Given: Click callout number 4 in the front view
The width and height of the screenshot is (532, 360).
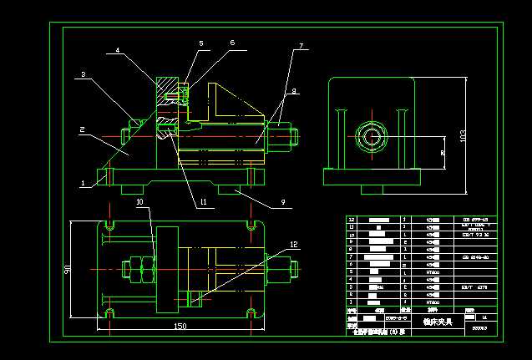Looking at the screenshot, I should coord(118,50).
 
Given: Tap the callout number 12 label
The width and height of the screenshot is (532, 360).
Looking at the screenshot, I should coord(293,244).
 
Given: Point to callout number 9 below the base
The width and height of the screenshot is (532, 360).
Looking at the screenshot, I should coord(282,202).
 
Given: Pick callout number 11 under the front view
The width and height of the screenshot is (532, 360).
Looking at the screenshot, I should coord(203,202).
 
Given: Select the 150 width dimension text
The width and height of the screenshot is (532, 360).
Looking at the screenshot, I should coord(180,327).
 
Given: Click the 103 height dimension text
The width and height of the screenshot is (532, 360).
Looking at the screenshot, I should coord(463,136).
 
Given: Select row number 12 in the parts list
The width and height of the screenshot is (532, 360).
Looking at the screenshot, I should coord(352,220).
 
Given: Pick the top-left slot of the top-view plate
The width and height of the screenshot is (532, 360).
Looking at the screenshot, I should coord(109,225).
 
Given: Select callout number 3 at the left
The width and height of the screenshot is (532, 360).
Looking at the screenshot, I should coord(84,75).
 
